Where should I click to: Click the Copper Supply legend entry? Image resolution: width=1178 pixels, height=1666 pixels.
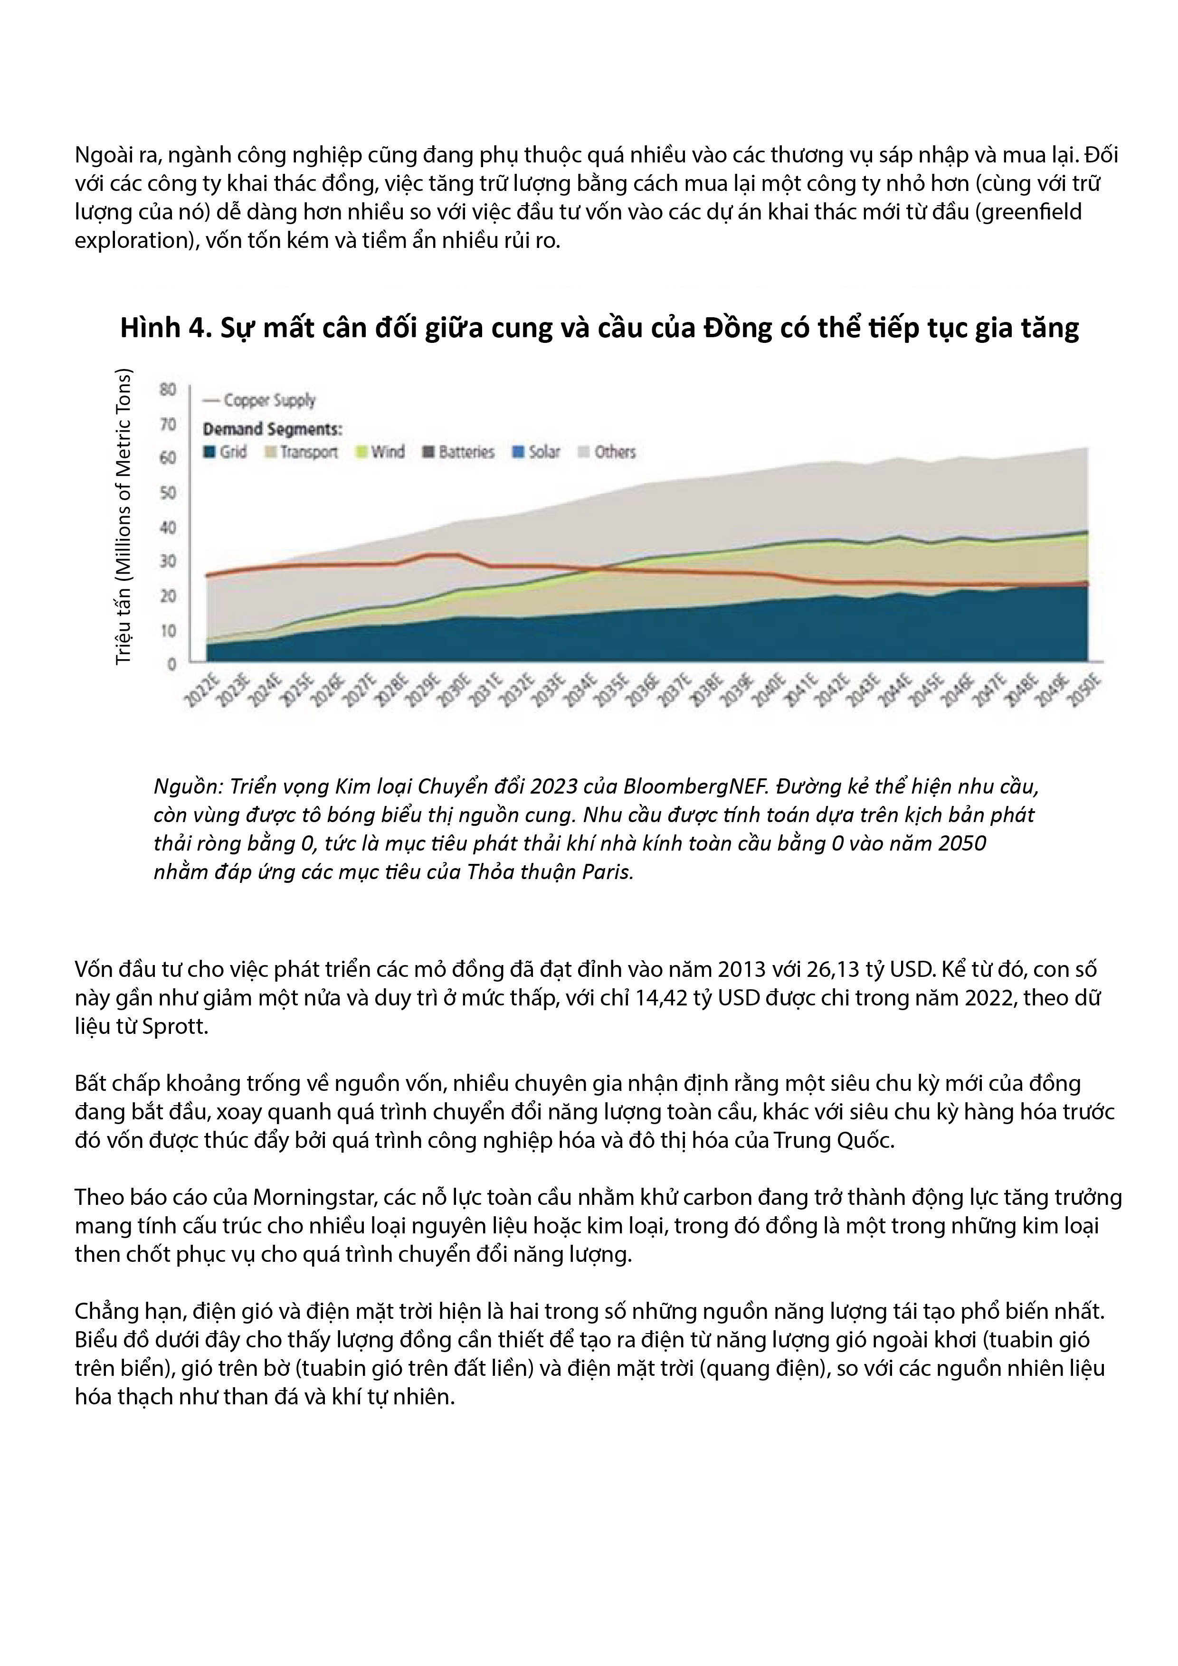(x=260, y=400)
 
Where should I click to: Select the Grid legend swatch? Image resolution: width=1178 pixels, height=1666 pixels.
(x=210, y=452)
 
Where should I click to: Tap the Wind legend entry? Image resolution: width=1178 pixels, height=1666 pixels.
(x=380, y=452)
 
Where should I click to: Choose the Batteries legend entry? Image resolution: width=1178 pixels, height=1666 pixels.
(x=459, y=452)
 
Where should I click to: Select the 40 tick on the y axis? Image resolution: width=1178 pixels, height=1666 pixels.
(x=169, y=528)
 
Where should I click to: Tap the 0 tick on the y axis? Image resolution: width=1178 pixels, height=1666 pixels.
(x=172, y=664)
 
